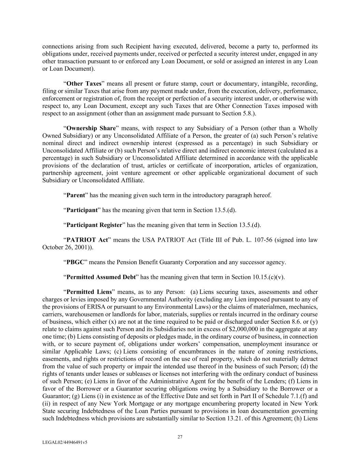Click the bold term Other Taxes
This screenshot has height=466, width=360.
(x=84, y=84)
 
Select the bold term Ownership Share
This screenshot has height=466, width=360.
(x=91, y=128)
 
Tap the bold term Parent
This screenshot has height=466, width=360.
(x=75, y=195)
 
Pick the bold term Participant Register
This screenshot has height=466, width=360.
(x=94, y=225)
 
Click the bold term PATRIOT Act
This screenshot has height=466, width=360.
(x=87, y=240)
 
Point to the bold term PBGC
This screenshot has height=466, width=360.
(x=75, y=262)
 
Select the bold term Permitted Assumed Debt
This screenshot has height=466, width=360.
(x=101, y=277)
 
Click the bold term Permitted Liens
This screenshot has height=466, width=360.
(x=89, y=292)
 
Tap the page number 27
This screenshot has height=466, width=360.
(x=180, y=437)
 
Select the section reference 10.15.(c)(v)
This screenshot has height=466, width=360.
(x=268, y=277)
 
